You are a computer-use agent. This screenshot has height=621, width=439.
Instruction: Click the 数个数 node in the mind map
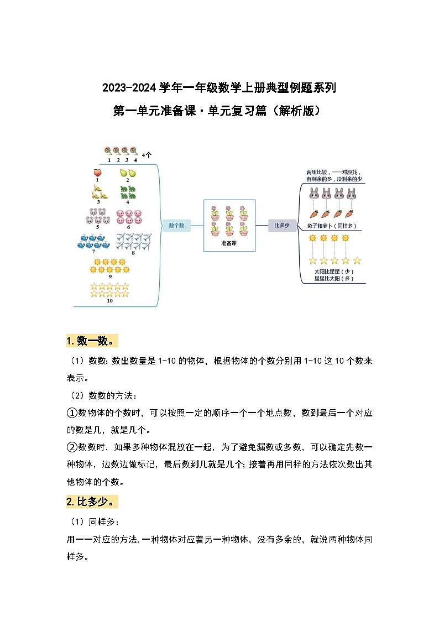click(x=176, y=225)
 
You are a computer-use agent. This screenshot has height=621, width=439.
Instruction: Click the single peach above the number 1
click(x=97, y=173)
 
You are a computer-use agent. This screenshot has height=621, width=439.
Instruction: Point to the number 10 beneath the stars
click(x=109, y=301)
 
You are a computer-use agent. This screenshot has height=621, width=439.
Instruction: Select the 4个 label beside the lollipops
click(x=147, y=155)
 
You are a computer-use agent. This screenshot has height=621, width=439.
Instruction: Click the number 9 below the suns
click(x=110, y=276)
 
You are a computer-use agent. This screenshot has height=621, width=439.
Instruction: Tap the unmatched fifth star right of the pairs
click(x=357, y=260)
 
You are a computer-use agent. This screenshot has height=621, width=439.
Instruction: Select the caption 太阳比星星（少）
click(x=333, y=272)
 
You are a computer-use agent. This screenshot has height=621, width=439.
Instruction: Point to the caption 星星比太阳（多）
click(x=333, y=279)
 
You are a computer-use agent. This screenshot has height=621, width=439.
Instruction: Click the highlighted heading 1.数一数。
click(x=92, y=341)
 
